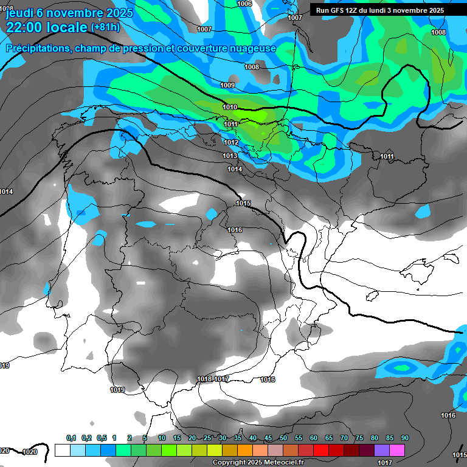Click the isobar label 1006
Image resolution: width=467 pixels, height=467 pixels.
(x=244, y=4)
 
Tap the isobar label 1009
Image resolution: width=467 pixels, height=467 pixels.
(x=227, y=85)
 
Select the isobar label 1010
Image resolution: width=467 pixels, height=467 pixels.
(x=230, y=107)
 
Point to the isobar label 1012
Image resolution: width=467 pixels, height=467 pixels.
(x=230, y=142)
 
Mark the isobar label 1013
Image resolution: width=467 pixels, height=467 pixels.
(x=230, y=156)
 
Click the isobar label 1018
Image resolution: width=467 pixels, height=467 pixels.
(x=205, y=379)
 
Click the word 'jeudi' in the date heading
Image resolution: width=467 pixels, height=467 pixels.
(x=19, y=12)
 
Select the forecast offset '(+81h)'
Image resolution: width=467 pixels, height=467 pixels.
(x=105, y=27)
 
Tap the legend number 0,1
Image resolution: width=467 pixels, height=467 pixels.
(x=71, y=438)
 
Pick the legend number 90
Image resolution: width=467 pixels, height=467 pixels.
(x=404, y=438)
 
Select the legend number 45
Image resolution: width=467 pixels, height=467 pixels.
(x=268, y=438)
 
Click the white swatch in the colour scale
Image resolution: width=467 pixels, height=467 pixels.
(x=62, y=450)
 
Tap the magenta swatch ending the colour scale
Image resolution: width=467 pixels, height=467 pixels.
(x=397, y=450)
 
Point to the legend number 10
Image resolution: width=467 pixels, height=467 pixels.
(x=162, y=438)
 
